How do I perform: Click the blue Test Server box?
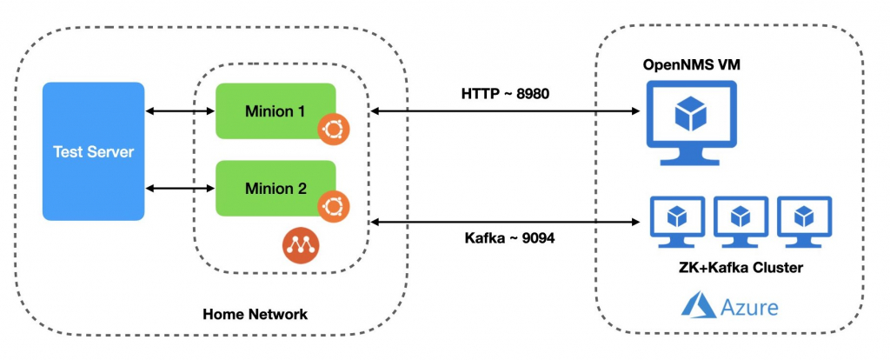coord(93,151)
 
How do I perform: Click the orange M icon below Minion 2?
coord(299,245)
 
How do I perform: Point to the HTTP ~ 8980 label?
coord(505,93)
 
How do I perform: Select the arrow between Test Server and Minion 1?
coord(180,111)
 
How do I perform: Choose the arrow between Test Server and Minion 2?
coord(180,188)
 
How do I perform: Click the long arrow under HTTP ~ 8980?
coord(505,111)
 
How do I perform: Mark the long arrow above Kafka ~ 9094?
coord(505,224)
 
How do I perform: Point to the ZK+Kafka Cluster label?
coord(740,267)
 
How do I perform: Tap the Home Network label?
coord(255,314)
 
